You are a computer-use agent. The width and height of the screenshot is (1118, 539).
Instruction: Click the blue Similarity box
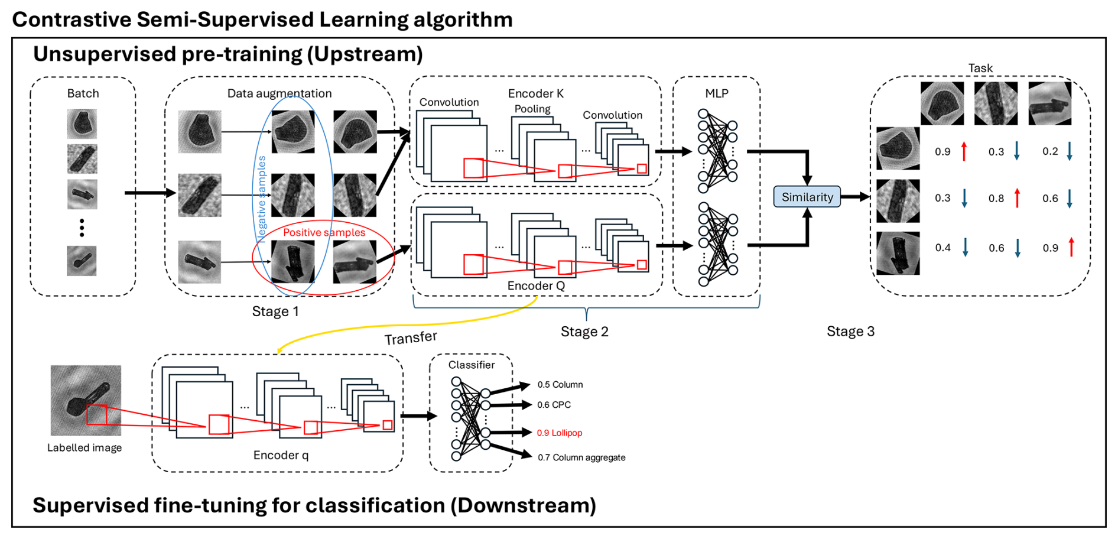click(807, 197)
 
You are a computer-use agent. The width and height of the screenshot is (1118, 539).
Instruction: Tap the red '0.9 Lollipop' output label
click(560, 433)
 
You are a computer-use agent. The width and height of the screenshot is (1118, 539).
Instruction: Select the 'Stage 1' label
click(275, 311)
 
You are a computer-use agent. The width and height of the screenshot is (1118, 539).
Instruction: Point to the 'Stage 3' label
click(850, 331)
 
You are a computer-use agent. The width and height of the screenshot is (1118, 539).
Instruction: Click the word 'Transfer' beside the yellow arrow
click(411, 338)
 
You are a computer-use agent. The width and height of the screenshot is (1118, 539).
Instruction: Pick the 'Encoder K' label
click(535, 93)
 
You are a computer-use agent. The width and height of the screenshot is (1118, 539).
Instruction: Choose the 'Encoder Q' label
click(536, 285)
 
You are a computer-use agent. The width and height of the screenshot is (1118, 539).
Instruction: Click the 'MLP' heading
click(717, 93)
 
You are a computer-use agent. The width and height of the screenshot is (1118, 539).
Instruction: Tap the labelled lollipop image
click(86, 400)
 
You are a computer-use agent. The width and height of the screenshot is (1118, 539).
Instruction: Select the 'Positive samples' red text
click(324, 232)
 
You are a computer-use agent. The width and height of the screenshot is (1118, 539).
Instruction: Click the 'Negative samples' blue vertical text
click(261, 199)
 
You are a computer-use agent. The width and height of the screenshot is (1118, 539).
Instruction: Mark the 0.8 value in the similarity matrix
click(996, 199)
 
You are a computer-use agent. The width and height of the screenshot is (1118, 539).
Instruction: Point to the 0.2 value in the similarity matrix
click(1050, 151)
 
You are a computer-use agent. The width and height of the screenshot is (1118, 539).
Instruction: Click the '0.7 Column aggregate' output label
click(581, 457)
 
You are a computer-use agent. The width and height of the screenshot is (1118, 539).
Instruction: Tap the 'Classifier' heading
click(472, 365)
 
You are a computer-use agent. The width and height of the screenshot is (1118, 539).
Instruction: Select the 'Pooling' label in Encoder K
click(532, 109)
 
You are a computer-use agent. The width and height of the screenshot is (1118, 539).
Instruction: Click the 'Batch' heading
click(83, 93)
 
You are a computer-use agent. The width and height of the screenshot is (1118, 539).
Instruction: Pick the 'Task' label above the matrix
click(980, 68)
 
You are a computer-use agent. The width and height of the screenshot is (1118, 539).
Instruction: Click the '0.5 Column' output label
click(560, 385)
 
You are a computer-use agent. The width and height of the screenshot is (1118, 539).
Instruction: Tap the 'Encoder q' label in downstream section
click(281, 455)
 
